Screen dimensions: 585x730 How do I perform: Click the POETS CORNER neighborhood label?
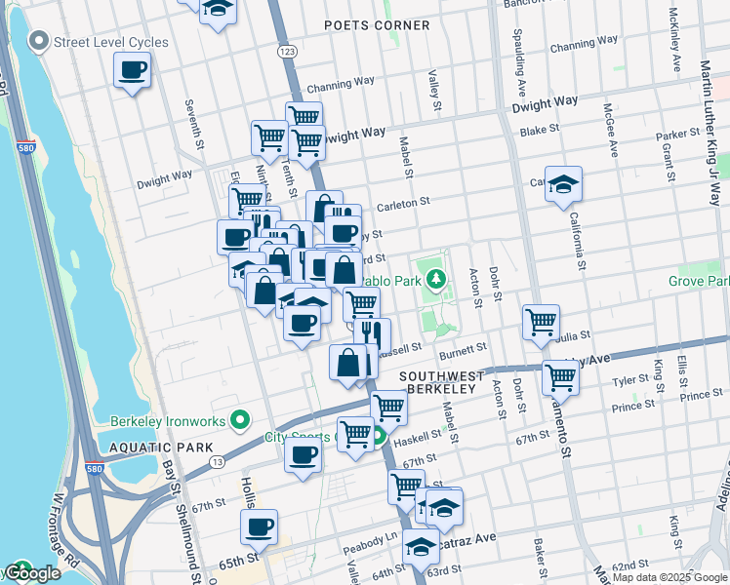click(x=377, y=25)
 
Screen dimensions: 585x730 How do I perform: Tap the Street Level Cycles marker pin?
click(x=39, y=42)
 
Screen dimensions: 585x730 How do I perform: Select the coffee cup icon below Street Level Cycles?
click(x=132, y=70)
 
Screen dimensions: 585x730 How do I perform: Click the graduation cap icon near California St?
click(x=563, y=186)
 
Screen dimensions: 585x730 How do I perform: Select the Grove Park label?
click(x=698, y=281)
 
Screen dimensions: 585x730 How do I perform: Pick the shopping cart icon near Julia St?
click(x=541, y=321)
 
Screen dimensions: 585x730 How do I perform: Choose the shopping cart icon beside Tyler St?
click(x=560, y=375)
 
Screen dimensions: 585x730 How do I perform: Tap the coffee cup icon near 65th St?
click(x=259, y=527)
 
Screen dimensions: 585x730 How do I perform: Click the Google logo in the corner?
click(x=31, y=573)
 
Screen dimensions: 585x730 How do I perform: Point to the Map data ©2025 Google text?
click(x=669, y=577)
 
